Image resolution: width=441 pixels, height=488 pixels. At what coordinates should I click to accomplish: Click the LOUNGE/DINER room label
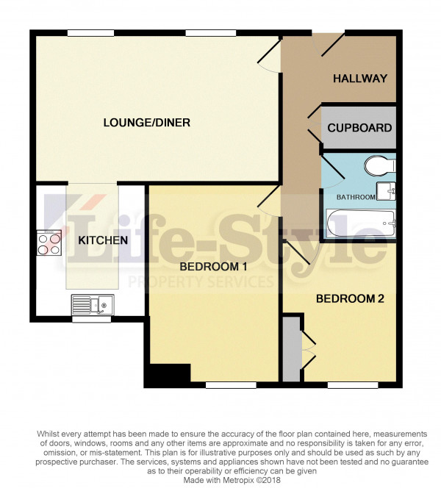click(x=146, y=123)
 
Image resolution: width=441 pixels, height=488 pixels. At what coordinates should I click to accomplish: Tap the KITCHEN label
click(x=103, y=240)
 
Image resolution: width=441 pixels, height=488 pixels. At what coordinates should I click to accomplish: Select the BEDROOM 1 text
click(x=213, y=267)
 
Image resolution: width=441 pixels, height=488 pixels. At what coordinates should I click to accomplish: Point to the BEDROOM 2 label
click(x=350, y=299)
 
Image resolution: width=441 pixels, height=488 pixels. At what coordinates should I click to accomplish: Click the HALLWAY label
click(x=360, y=79)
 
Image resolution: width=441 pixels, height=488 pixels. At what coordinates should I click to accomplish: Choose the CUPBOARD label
click(x=359, y=128)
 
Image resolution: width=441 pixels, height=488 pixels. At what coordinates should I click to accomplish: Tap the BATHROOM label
click(x=356, y=197)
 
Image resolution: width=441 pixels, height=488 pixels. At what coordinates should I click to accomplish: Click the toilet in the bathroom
click(x=380, y=165)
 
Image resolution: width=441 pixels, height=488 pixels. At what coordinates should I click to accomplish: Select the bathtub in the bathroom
click(x=361, y=223)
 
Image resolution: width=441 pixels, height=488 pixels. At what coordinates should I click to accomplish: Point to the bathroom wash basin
click(x=386, y=191)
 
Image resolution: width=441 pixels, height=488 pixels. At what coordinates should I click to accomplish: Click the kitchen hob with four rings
click(x=49, y=243)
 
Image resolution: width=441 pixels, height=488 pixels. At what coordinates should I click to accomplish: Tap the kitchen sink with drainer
click(x=93, y=304)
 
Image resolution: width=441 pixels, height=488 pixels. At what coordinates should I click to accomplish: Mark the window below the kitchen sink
click(x=91, y=319)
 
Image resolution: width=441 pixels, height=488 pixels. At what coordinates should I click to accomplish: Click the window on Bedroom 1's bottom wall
click(x=231, y=385)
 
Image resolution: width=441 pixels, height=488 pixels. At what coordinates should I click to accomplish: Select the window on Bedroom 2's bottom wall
click(x=353, y=385)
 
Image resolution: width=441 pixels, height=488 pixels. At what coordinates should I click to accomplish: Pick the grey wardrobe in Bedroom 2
click(x=293, y=349)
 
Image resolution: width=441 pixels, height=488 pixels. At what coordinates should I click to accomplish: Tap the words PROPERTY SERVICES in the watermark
click(x=201, y=282)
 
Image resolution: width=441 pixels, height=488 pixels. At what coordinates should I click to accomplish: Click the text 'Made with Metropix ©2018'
click(x=232, y=480)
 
